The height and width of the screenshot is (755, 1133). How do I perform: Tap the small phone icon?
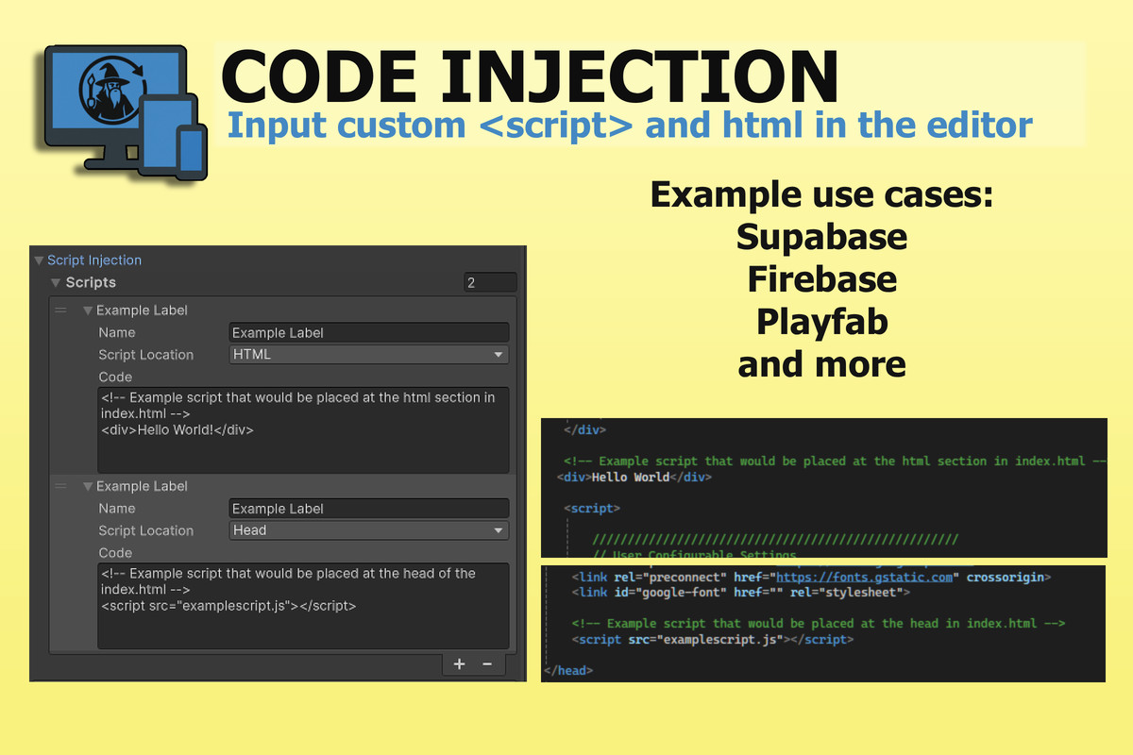pos(192,150)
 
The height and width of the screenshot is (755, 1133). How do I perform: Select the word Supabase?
pos(821,237)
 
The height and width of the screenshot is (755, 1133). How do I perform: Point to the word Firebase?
pos(821,279)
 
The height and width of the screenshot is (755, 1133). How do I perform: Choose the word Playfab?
pos(821,322)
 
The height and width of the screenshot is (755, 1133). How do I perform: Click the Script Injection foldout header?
pos(93,260)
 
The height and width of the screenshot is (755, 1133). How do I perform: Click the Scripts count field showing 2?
pos(489,282)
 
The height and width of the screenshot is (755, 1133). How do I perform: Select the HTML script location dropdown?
pos(368,355)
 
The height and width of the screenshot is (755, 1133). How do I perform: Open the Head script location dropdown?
pos(368,530)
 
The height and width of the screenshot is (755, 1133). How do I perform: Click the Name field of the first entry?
pos(368,332)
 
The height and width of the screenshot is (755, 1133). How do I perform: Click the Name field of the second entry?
pos(368,509)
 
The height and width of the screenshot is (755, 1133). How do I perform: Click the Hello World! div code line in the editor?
pos(178,429)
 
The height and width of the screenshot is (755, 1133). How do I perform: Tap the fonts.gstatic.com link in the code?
pos(863,577)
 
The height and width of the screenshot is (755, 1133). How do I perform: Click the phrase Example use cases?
pos(821,195)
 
